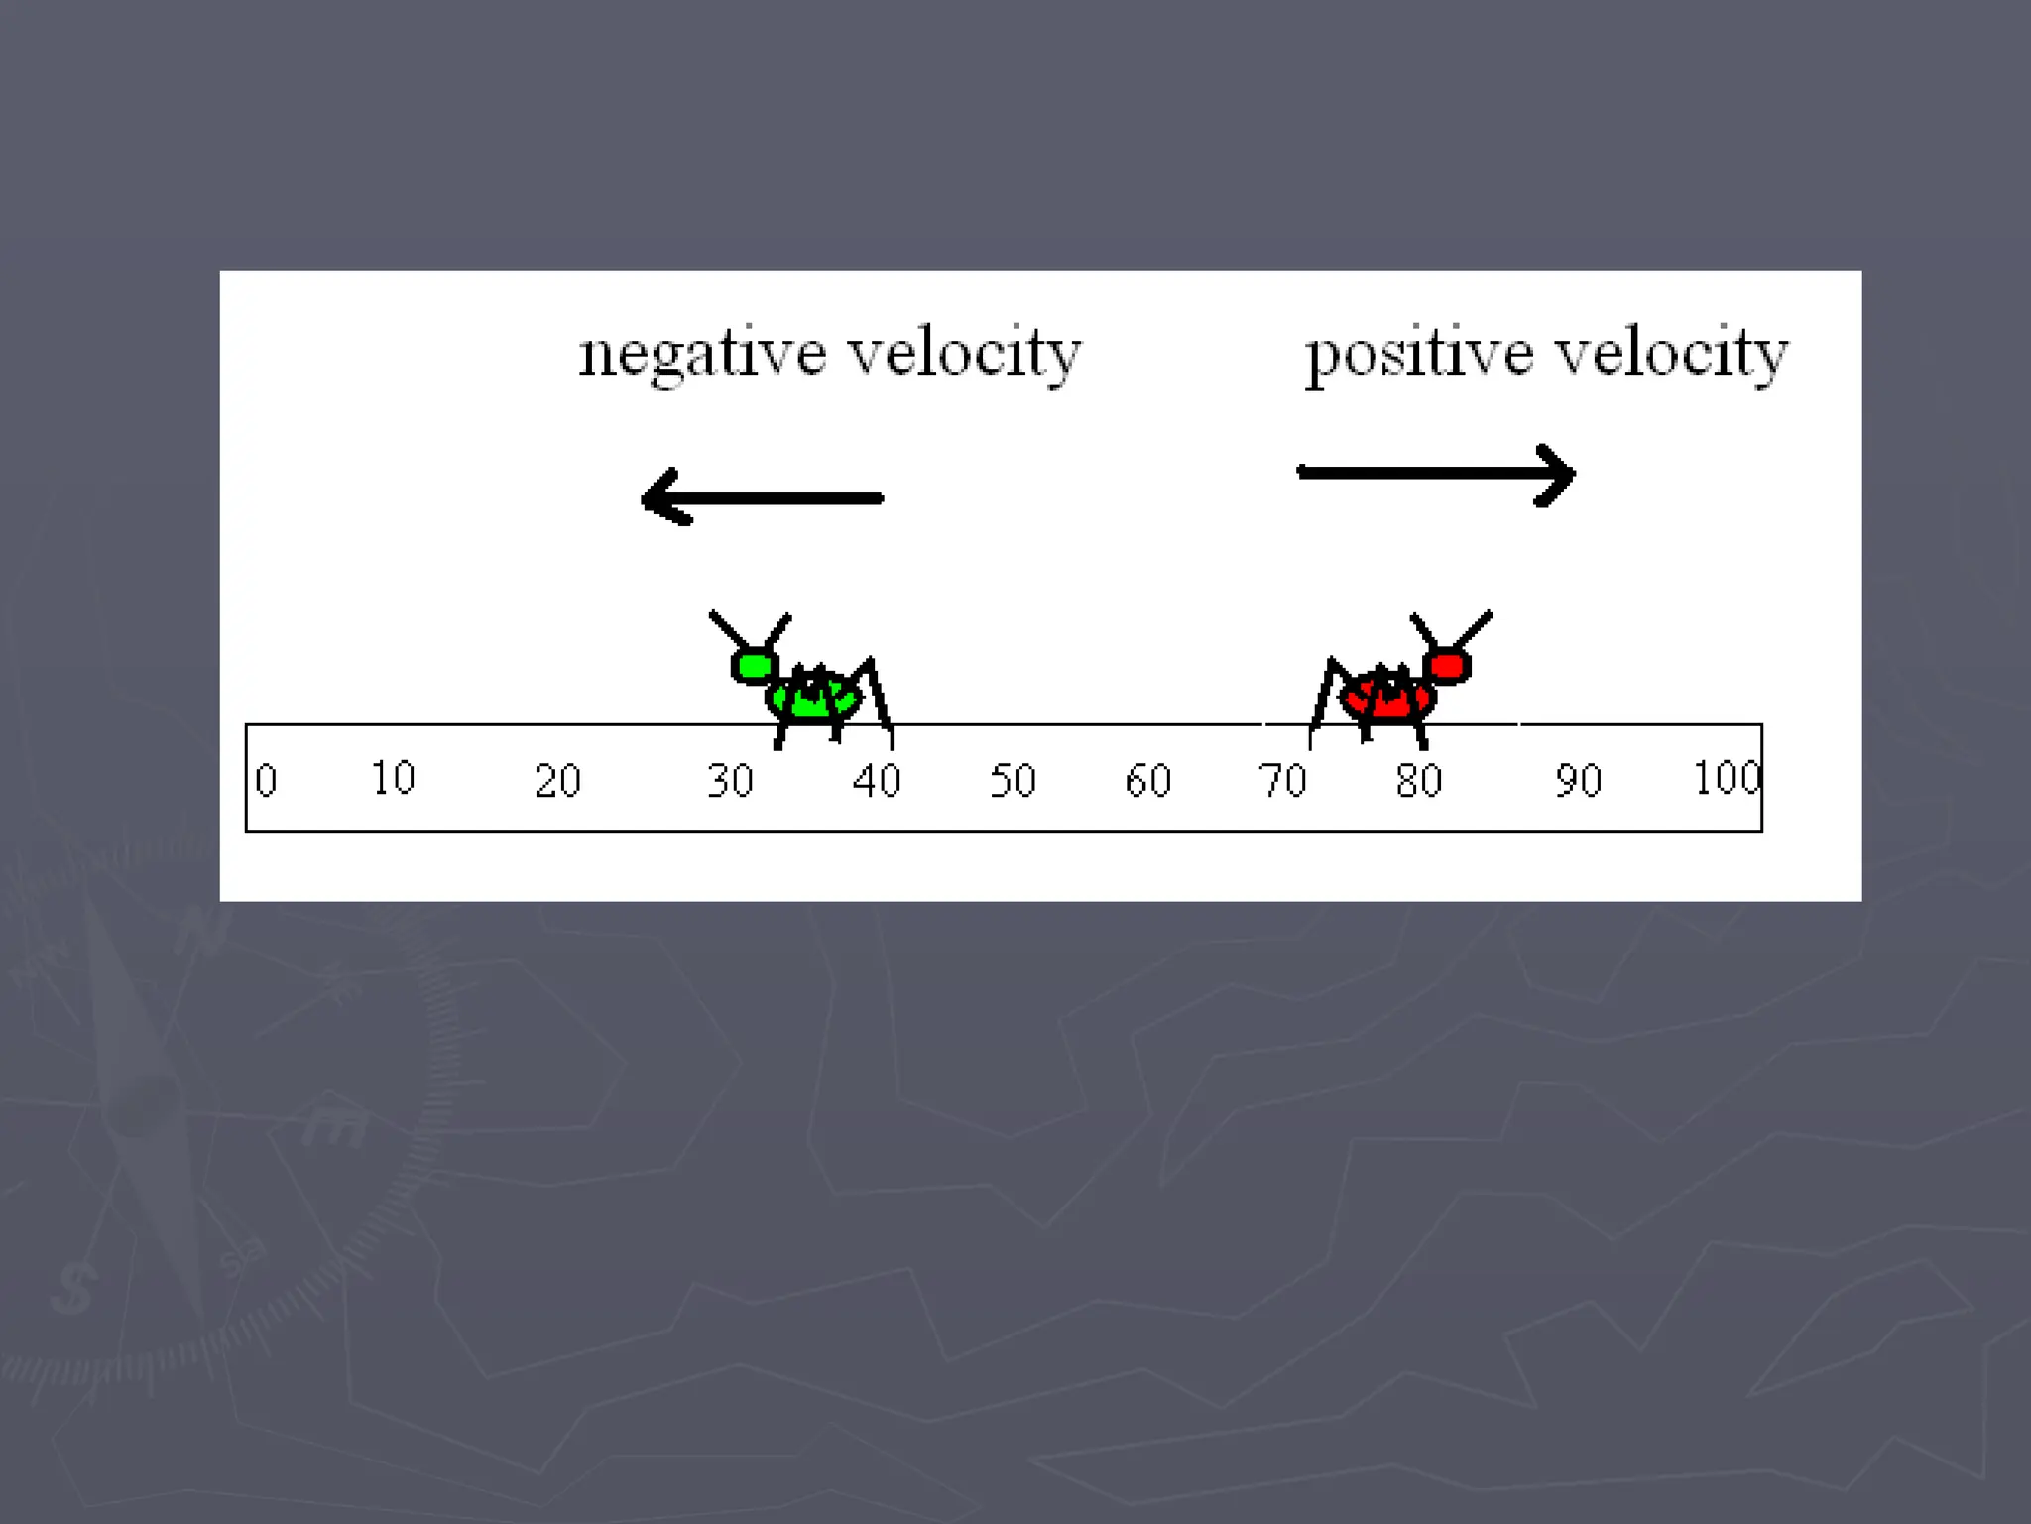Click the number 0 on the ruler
pos(266,781)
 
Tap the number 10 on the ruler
pos(393,778)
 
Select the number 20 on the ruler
pos(557,781)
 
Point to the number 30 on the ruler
pos(730,781)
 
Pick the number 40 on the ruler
pos(877,781)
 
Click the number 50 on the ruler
pos(1013,781)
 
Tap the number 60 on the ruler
pos(1148,781)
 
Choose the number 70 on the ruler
pos(1283,781)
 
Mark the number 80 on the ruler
pos(1419,781)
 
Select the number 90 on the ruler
pos(1578,781)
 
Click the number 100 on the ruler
pos(1727,778)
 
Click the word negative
pos(702,355)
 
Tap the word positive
pos(1419,355)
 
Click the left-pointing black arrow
pos(762,497)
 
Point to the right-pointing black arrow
pos(1436,474)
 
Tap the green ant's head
pos(754,665)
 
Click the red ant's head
pos(1448,665)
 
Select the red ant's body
pos(1386,697)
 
